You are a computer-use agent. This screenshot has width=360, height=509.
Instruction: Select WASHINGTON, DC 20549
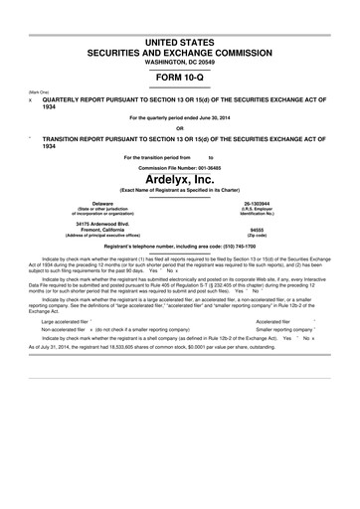[179, 65]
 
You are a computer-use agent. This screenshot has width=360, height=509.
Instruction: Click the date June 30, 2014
[204, 119]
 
